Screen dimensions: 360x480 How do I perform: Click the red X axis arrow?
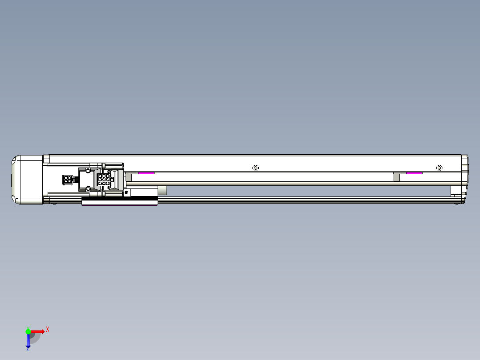[37, 331]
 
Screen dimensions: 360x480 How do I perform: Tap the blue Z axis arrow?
[28, 340]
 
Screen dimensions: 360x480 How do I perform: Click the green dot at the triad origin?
[28, 331]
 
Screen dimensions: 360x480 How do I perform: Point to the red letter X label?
[48, 329]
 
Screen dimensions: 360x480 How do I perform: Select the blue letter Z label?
[28, 349]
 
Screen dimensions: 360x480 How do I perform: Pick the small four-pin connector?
[68, 180]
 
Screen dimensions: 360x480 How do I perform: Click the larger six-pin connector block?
[103, 180]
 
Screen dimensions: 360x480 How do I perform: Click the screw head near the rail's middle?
[255, 168]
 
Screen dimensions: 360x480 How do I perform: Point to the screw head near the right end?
[439, 168]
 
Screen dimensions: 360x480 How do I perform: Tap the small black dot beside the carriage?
[126, 192]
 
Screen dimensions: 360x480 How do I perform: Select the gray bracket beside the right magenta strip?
[397, 176]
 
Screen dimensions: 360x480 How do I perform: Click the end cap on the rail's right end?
[464, 178]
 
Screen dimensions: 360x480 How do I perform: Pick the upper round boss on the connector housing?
[88, 171]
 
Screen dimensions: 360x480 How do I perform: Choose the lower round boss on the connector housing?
[88, 189]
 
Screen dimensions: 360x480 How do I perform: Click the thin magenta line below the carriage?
[119, 205]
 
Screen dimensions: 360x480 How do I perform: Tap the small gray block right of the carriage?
[163, 191]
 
